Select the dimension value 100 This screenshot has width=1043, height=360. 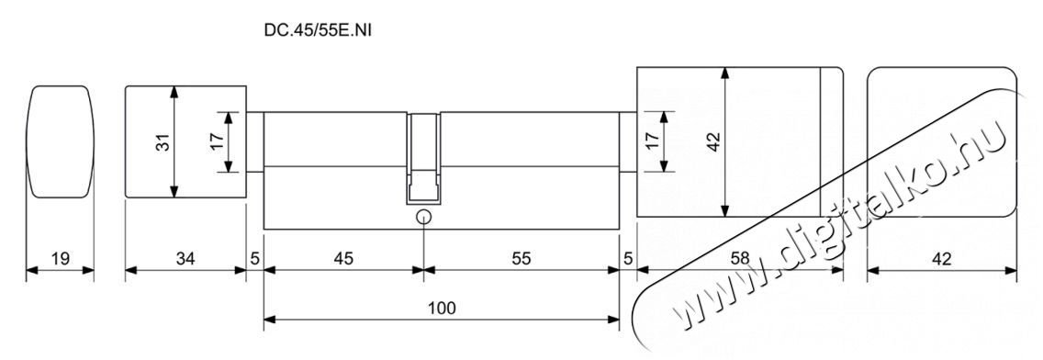click(x=442, y=308)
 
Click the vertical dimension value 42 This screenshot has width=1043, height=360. click(x=713, y=141)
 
